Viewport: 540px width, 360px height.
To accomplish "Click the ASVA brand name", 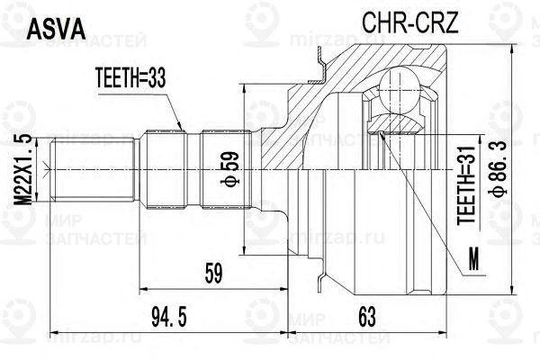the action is coord(56,29).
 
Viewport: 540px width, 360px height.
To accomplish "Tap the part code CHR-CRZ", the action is coord(410,22).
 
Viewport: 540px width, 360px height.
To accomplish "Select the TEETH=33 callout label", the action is coord(130,78).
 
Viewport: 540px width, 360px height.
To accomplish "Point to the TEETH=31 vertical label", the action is coord(466,185).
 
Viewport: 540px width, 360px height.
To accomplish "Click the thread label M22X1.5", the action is coord(22,169).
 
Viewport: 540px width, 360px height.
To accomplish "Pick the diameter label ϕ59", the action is coord(230,169).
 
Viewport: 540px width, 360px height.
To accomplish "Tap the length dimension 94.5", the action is coord(169,318).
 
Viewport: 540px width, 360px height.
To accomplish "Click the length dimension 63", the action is coord(367,318).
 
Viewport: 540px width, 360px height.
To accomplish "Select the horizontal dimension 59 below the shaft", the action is coord(214,274).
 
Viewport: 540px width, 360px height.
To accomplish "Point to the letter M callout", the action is coord(474,259).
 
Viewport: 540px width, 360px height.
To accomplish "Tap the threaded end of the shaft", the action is coord(93,169).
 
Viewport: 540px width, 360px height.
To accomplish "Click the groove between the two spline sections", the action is coord(193,169).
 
